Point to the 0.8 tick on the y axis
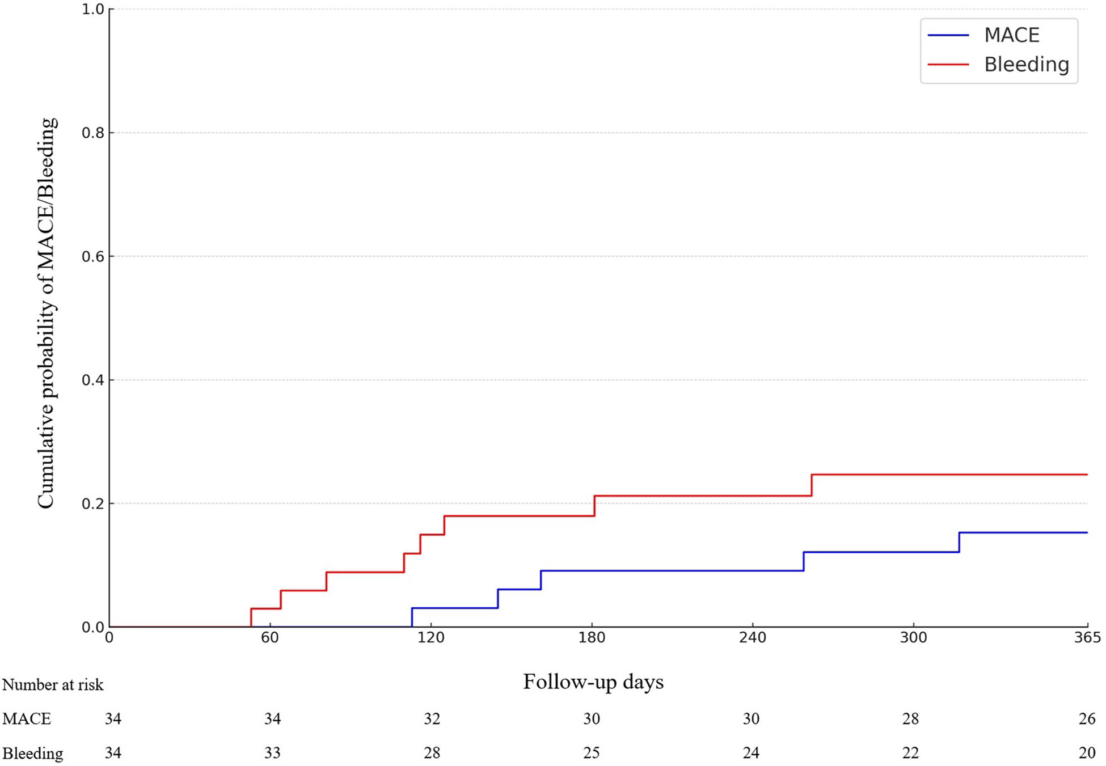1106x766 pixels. click(x=94, y=133)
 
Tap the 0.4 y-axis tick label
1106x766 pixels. click(x=94, y=380)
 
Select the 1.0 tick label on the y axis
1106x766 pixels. click(x=94, y=10)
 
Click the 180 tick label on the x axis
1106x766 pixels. click(x=592, y=638)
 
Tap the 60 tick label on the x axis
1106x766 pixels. click(x=270, y=638)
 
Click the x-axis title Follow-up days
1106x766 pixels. click(x=593, y=682)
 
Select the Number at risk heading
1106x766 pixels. click(x=53, y=685)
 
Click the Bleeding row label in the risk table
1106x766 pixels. click(x=32, y=754)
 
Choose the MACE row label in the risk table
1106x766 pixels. click(x=27, y=719)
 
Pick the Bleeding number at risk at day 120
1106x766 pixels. click(x=432, y=753)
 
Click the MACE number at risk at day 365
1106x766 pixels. click(x=1087, y=719)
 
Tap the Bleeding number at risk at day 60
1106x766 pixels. click(x=272, y=753)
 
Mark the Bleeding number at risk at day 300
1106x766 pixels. click(x=910, y=753)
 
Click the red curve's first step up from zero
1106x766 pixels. click(x=251, y=617)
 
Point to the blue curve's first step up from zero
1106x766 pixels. click(x=412, y=617)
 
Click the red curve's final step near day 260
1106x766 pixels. click(x=812, y=485)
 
